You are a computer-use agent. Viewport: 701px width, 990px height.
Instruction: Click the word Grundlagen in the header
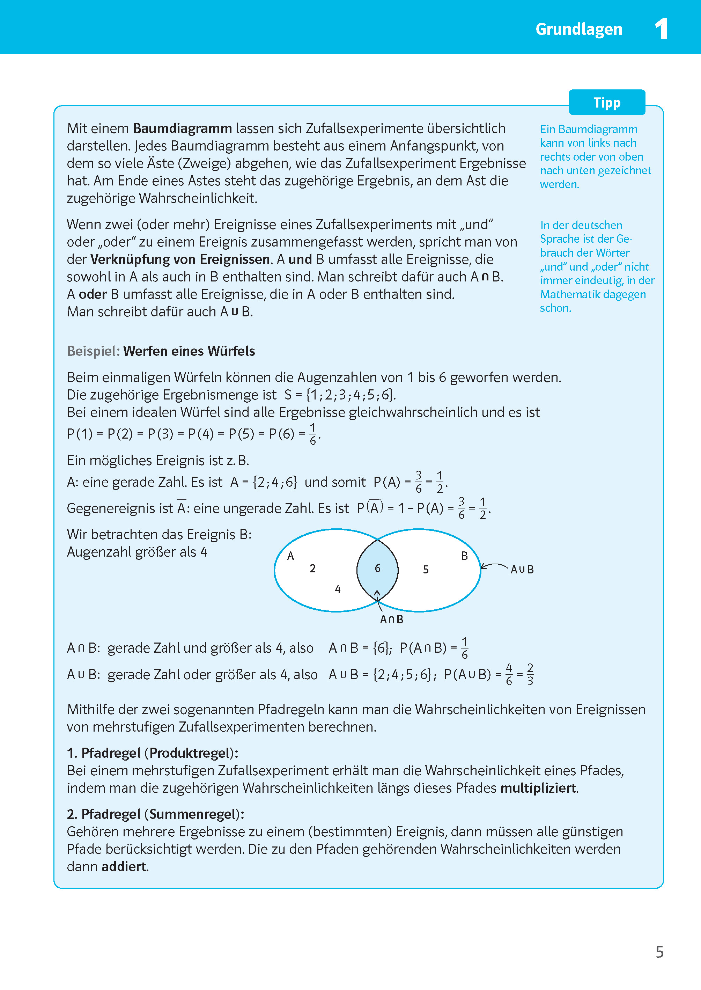(x=578, y=29)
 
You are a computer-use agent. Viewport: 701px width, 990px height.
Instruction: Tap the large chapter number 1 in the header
(x=661, y=29)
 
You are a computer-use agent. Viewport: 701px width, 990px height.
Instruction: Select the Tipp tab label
(x=606, y=103)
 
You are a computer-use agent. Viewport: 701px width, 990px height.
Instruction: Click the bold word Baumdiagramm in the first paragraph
(x=182, y=129)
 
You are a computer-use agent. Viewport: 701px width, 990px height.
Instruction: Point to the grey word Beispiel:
(x=93, y=351)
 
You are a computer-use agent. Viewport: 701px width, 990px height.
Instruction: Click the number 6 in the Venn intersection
(x=378, y=569)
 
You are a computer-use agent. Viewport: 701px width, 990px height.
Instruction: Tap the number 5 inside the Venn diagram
(x=426, y=570)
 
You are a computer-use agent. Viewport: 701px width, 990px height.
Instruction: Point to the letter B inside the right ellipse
(x=464, y=556)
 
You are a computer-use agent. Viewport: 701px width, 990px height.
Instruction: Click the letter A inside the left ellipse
(x=290, y=556)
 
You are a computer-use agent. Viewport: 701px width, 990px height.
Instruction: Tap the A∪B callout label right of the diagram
(x=522, y=570)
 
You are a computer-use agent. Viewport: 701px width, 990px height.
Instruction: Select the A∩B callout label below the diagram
(x=391, y=619)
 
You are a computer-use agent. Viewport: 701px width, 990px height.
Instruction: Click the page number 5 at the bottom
(x=659, y=952)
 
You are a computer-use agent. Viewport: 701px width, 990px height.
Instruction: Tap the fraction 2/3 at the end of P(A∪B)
(x=530, y=674)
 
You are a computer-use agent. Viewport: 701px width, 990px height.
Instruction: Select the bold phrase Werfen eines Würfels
(x=189, y=351)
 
